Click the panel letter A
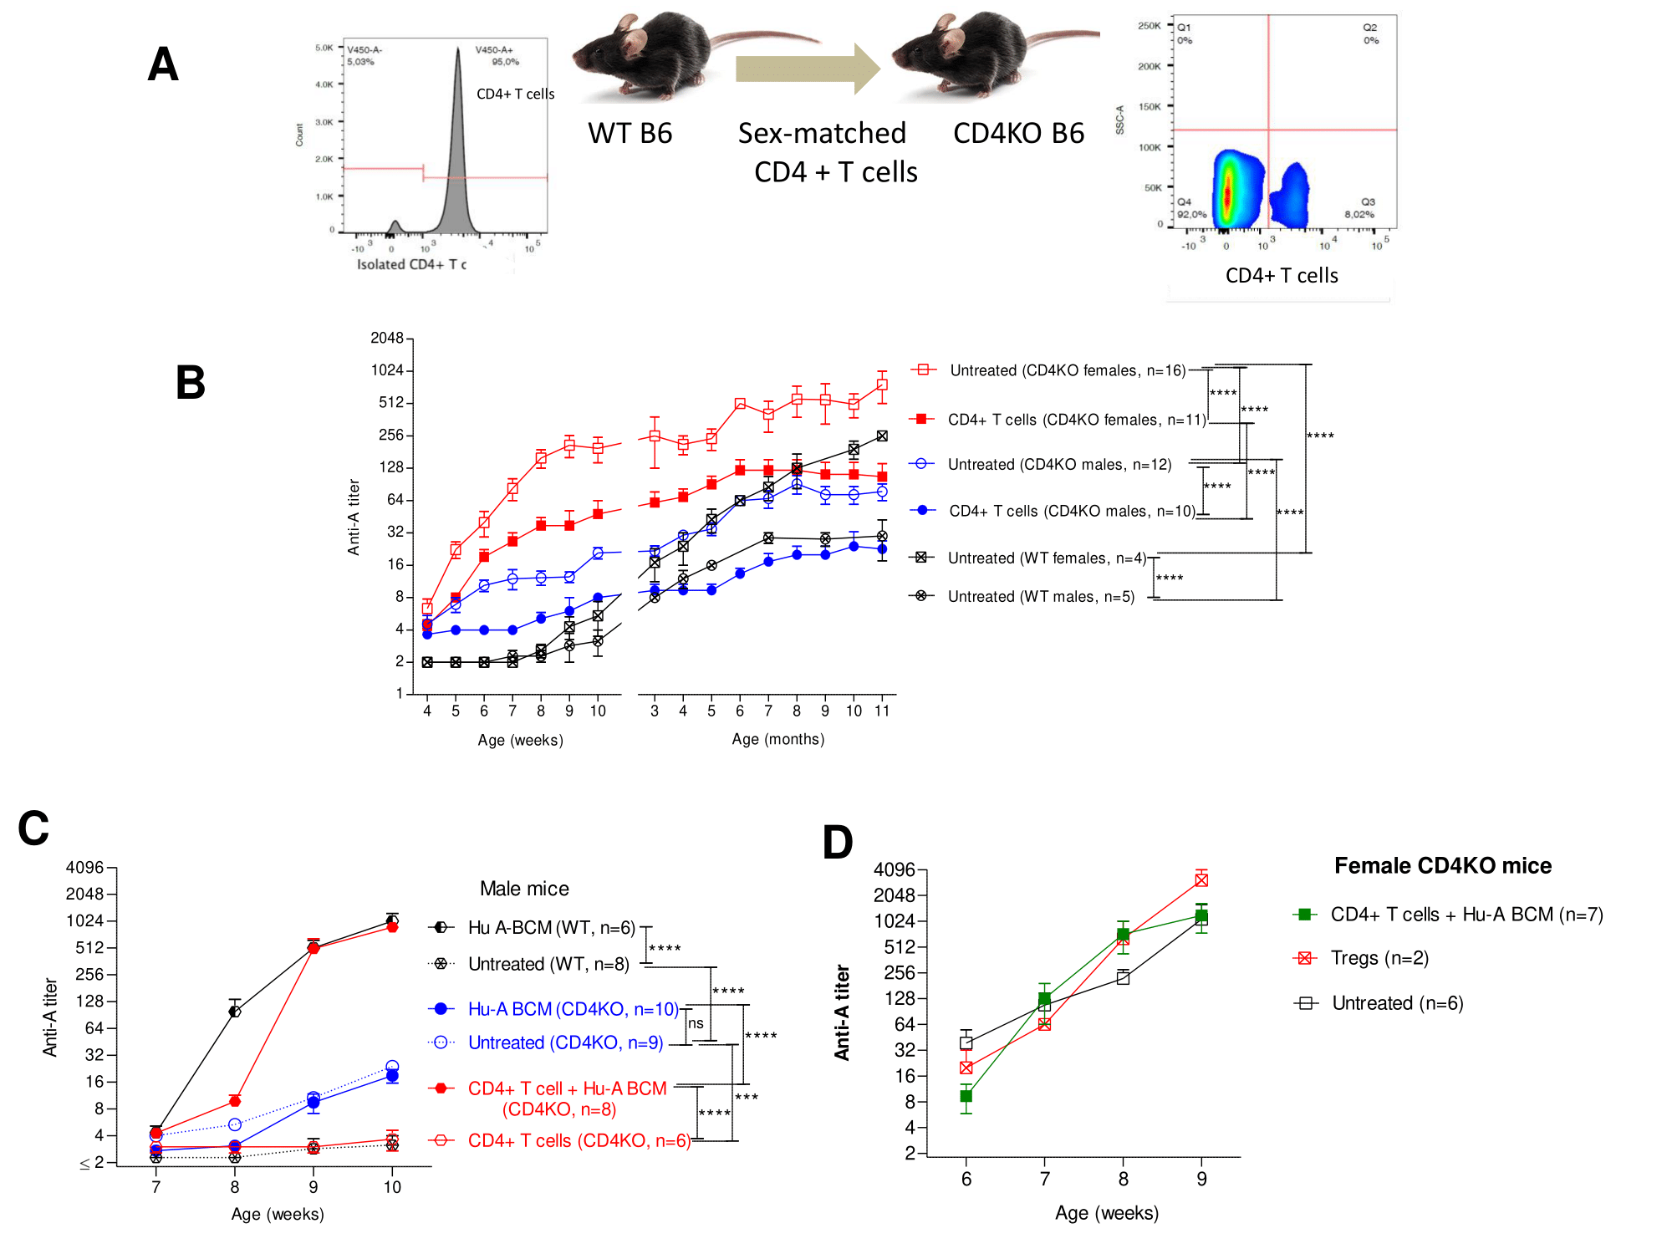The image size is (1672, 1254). tap(163, 64)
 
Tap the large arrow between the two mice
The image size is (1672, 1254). tap(807, 69)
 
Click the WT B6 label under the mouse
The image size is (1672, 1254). tap(630, 134)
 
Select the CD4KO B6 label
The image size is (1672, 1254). tap(1018, 134)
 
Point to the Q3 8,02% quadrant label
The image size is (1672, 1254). tap(1360, 208)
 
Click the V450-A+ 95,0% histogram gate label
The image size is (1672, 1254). tap(497, 55)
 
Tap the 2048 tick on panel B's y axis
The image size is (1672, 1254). tap(387, 338)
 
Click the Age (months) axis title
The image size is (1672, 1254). tap(777, 739)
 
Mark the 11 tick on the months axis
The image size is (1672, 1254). tap(882, 711)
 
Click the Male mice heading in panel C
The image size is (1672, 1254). tap(524, 889)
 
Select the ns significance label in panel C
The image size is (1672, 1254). tap(696, 1023)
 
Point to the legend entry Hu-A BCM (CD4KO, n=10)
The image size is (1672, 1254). tap(573, 1009)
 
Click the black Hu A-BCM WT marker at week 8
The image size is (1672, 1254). tap(235, 1012)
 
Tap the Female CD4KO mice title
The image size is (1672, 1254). tap(1442, 865)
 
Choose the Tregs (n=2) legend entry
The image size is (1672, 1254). tap(1379, 958)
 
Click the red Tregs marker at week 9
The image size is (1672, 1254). tap(1201, 879)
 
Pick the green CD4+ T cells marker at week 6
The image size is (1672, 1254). tap(966, 1096)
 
